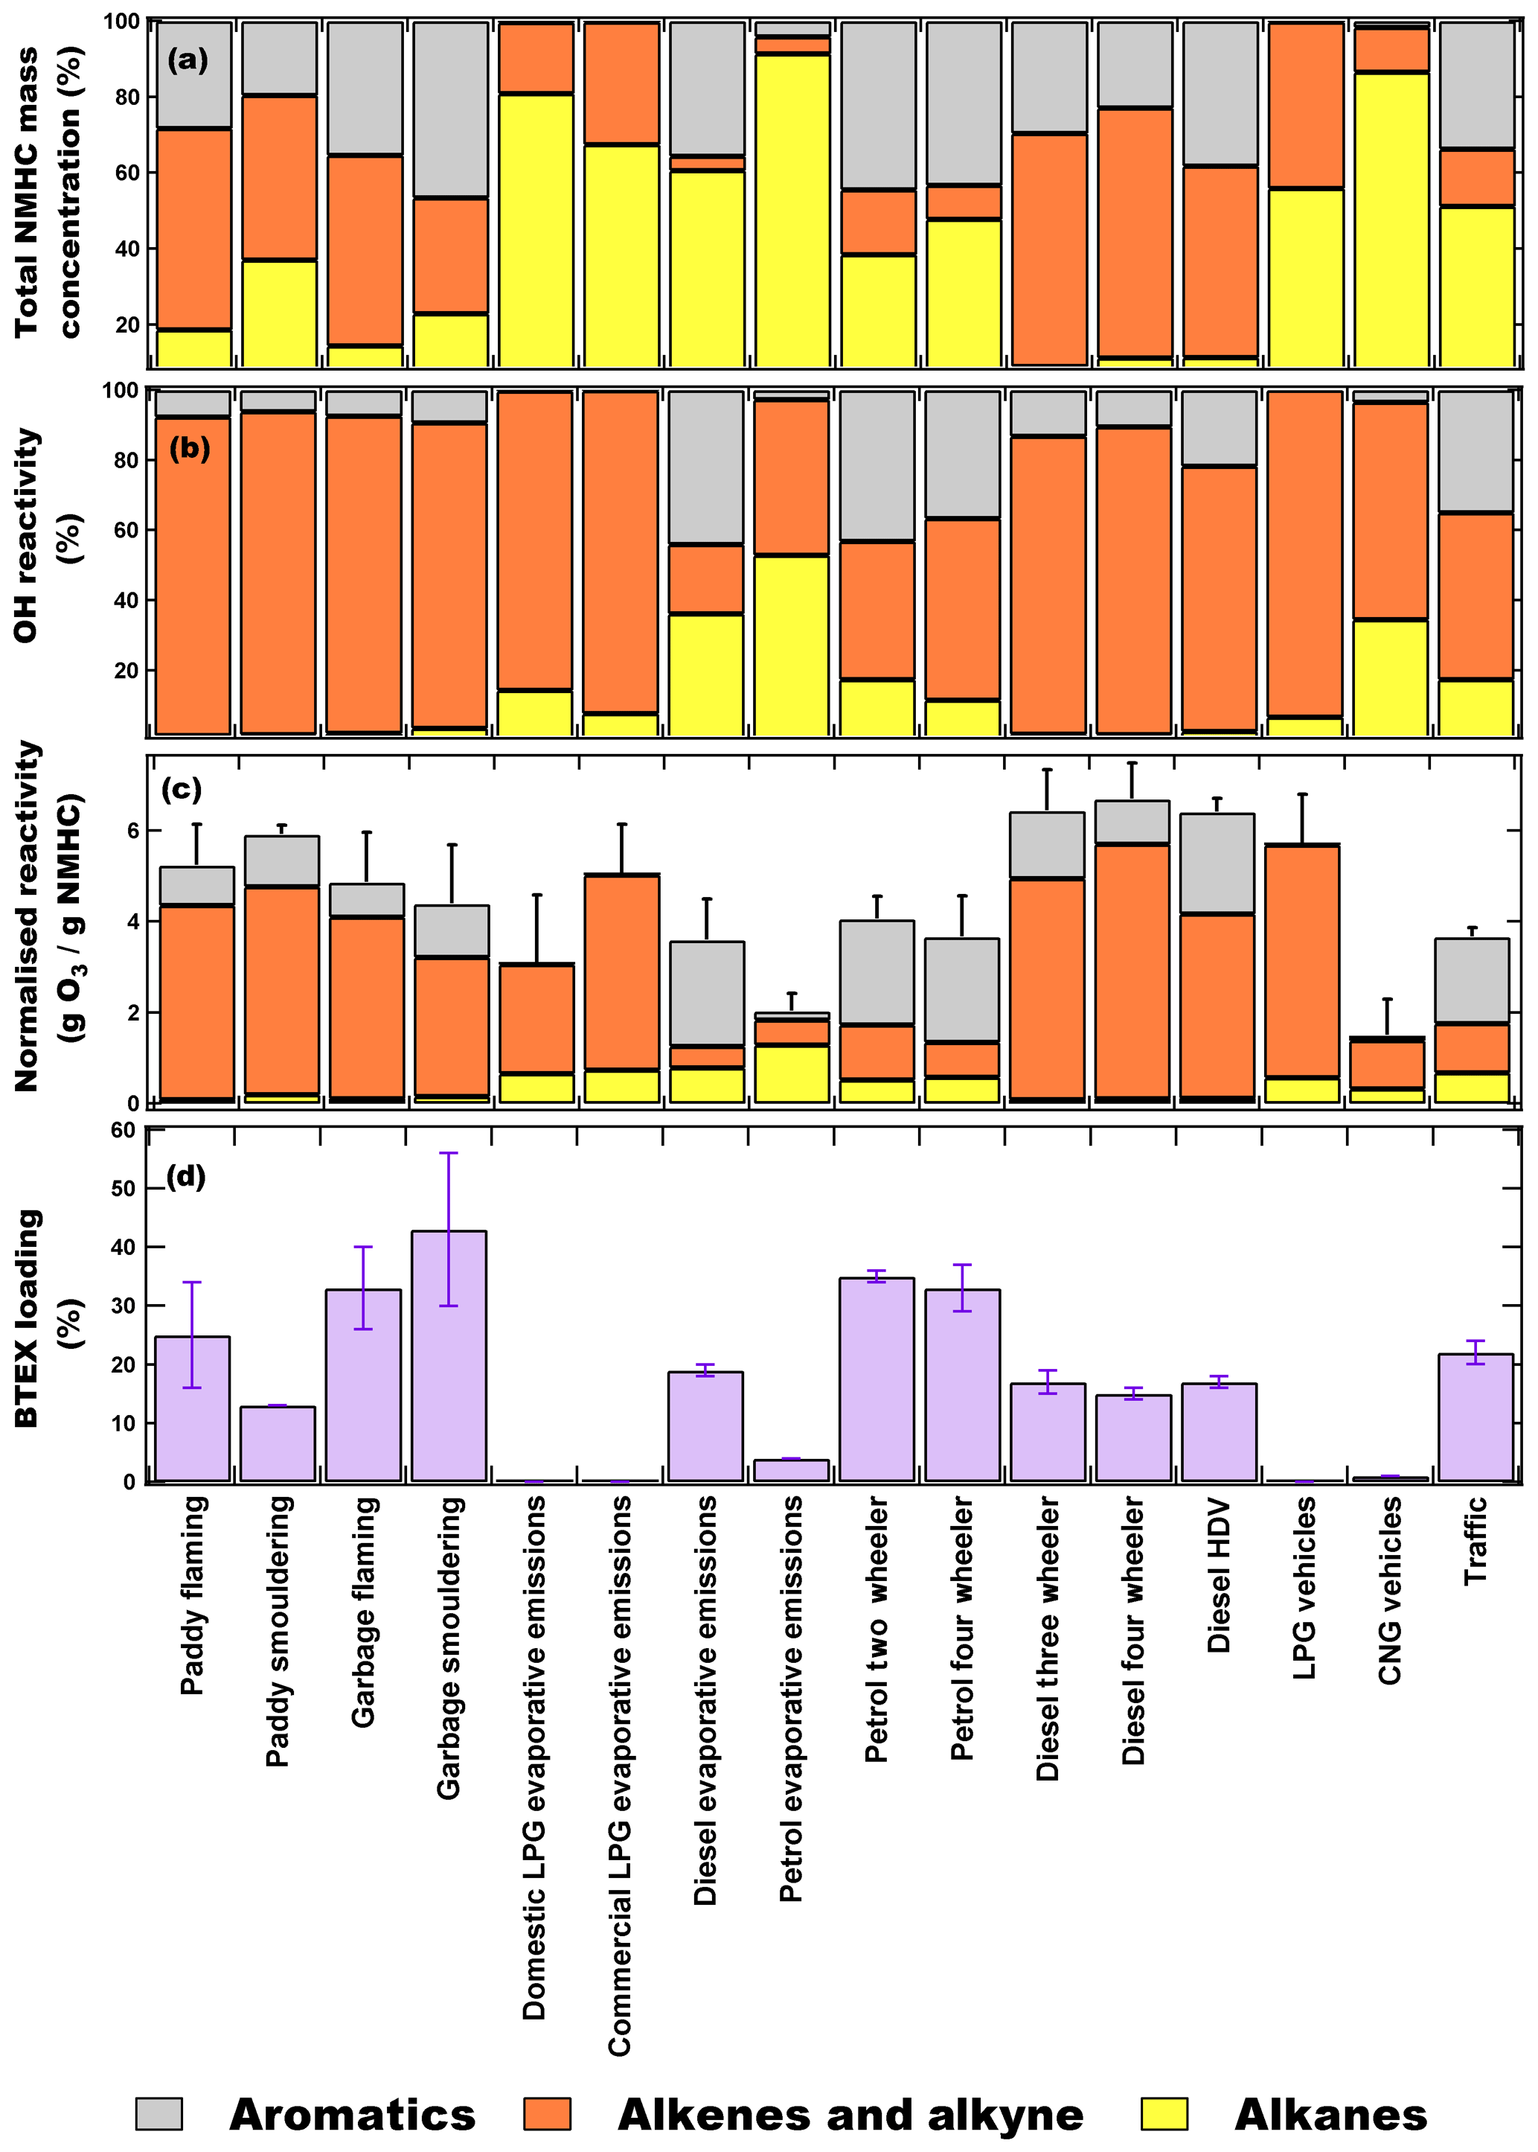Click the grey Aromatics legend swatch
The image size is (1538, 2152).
point(158,2113)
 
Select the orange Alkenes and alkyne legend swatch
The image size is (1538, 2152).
point(548,2113)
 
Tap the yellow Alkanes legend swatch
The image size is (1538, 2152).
point(1164,2113)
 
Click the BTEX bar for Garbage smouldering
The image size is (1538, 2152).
point(449,1356)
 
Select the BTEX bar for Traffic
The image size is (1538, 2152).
point(1475,1417)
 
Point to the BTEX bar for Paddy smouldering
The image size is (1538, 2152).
point(278,1443)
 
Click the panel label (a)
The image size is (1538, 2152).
point(188,60)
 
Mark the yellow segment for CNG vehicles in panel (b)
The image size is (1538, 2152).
point(1389,677)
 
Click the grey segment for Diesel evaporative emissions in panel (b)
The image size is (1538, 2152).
point(705,468)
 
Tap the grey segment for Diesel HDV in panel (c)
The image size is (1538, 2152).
point(1217,863)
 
